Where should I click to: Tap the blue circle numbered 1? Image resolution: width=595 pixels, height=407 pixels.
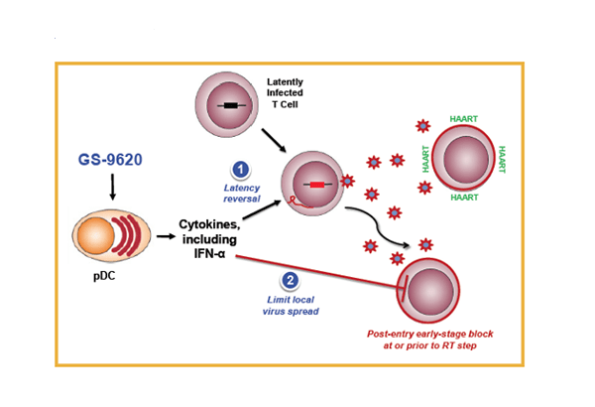click(238, 170)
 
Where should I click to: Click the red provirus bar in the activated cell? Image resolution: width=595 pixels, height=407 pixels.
click(317, 184)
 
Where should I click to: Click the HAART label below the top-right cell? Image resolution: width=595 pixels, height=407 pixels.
click(463, 198)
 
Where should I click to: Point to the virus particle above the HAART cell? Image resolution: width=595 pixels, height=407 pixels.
click(423, 126)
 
